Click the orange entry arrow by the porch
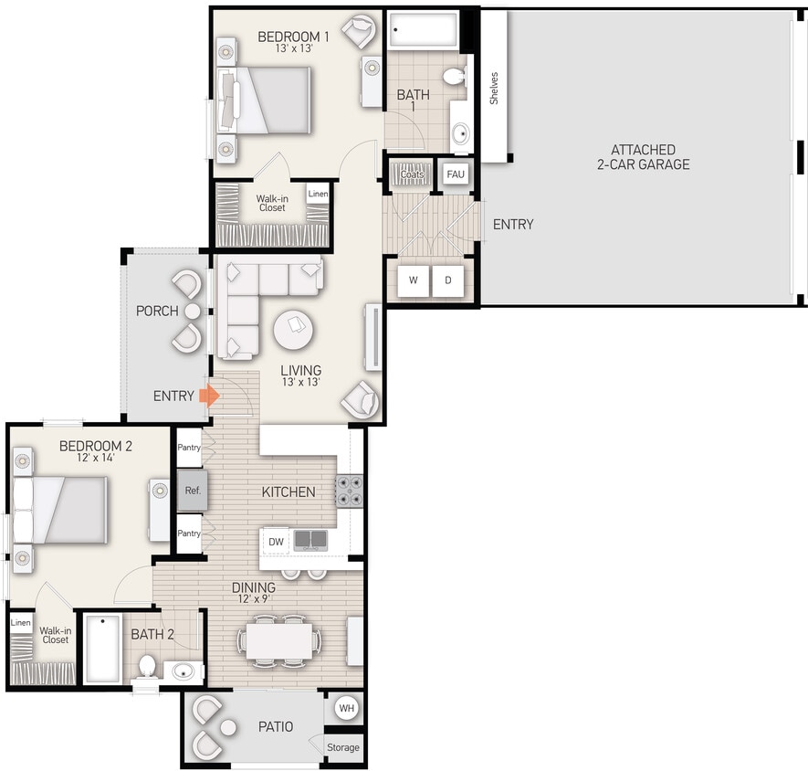click(209, 396)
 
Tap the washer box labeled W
click(413, 280)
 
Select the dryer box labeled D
click(448, 280)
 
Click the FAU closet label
click(456, 174)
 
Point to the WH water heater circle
click(346, 707)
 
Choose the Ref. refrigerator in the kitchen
click(192, 491)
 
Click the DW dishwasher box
click(277, 542)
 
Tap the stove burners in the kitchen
click(350, 491)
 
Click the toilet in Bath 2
click(146, 666)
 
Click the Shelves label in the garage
click(494, 88)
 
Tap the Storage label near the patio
click(343, 747)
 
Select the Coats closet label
click(412, 174)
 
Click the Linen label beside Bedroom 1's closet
click(317, 194)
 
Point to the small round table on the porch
click(193, 312)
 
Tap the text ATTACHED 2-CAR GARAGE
click(644, 157)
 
